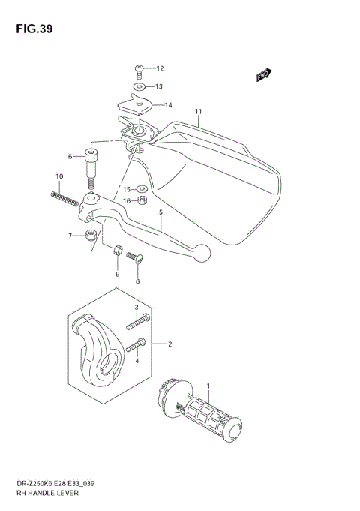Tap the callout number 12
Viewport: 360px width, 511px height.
[x=159, y=69]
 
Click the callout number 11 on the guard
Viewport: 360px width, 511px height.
[x=198, y=113]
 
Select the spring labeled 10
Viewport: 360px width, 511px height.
[x=65, y=198]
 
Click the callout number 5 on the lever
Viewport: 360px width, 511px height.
[x=161, y=213]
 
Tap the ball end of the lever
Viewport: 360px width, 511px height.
[x=201, y=252]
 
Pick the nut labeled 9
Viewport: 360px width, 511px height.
[x=118, y=251]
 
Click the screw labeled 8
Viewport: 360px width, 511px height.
[x=134, y=258]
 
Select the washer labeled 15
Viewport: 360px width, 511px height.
[x=142, y=189]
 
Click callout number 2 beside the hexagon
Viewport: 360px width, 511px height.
[x=170, y=344]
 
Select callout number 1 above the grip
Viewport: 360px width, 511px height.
[x=208, y=386]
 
